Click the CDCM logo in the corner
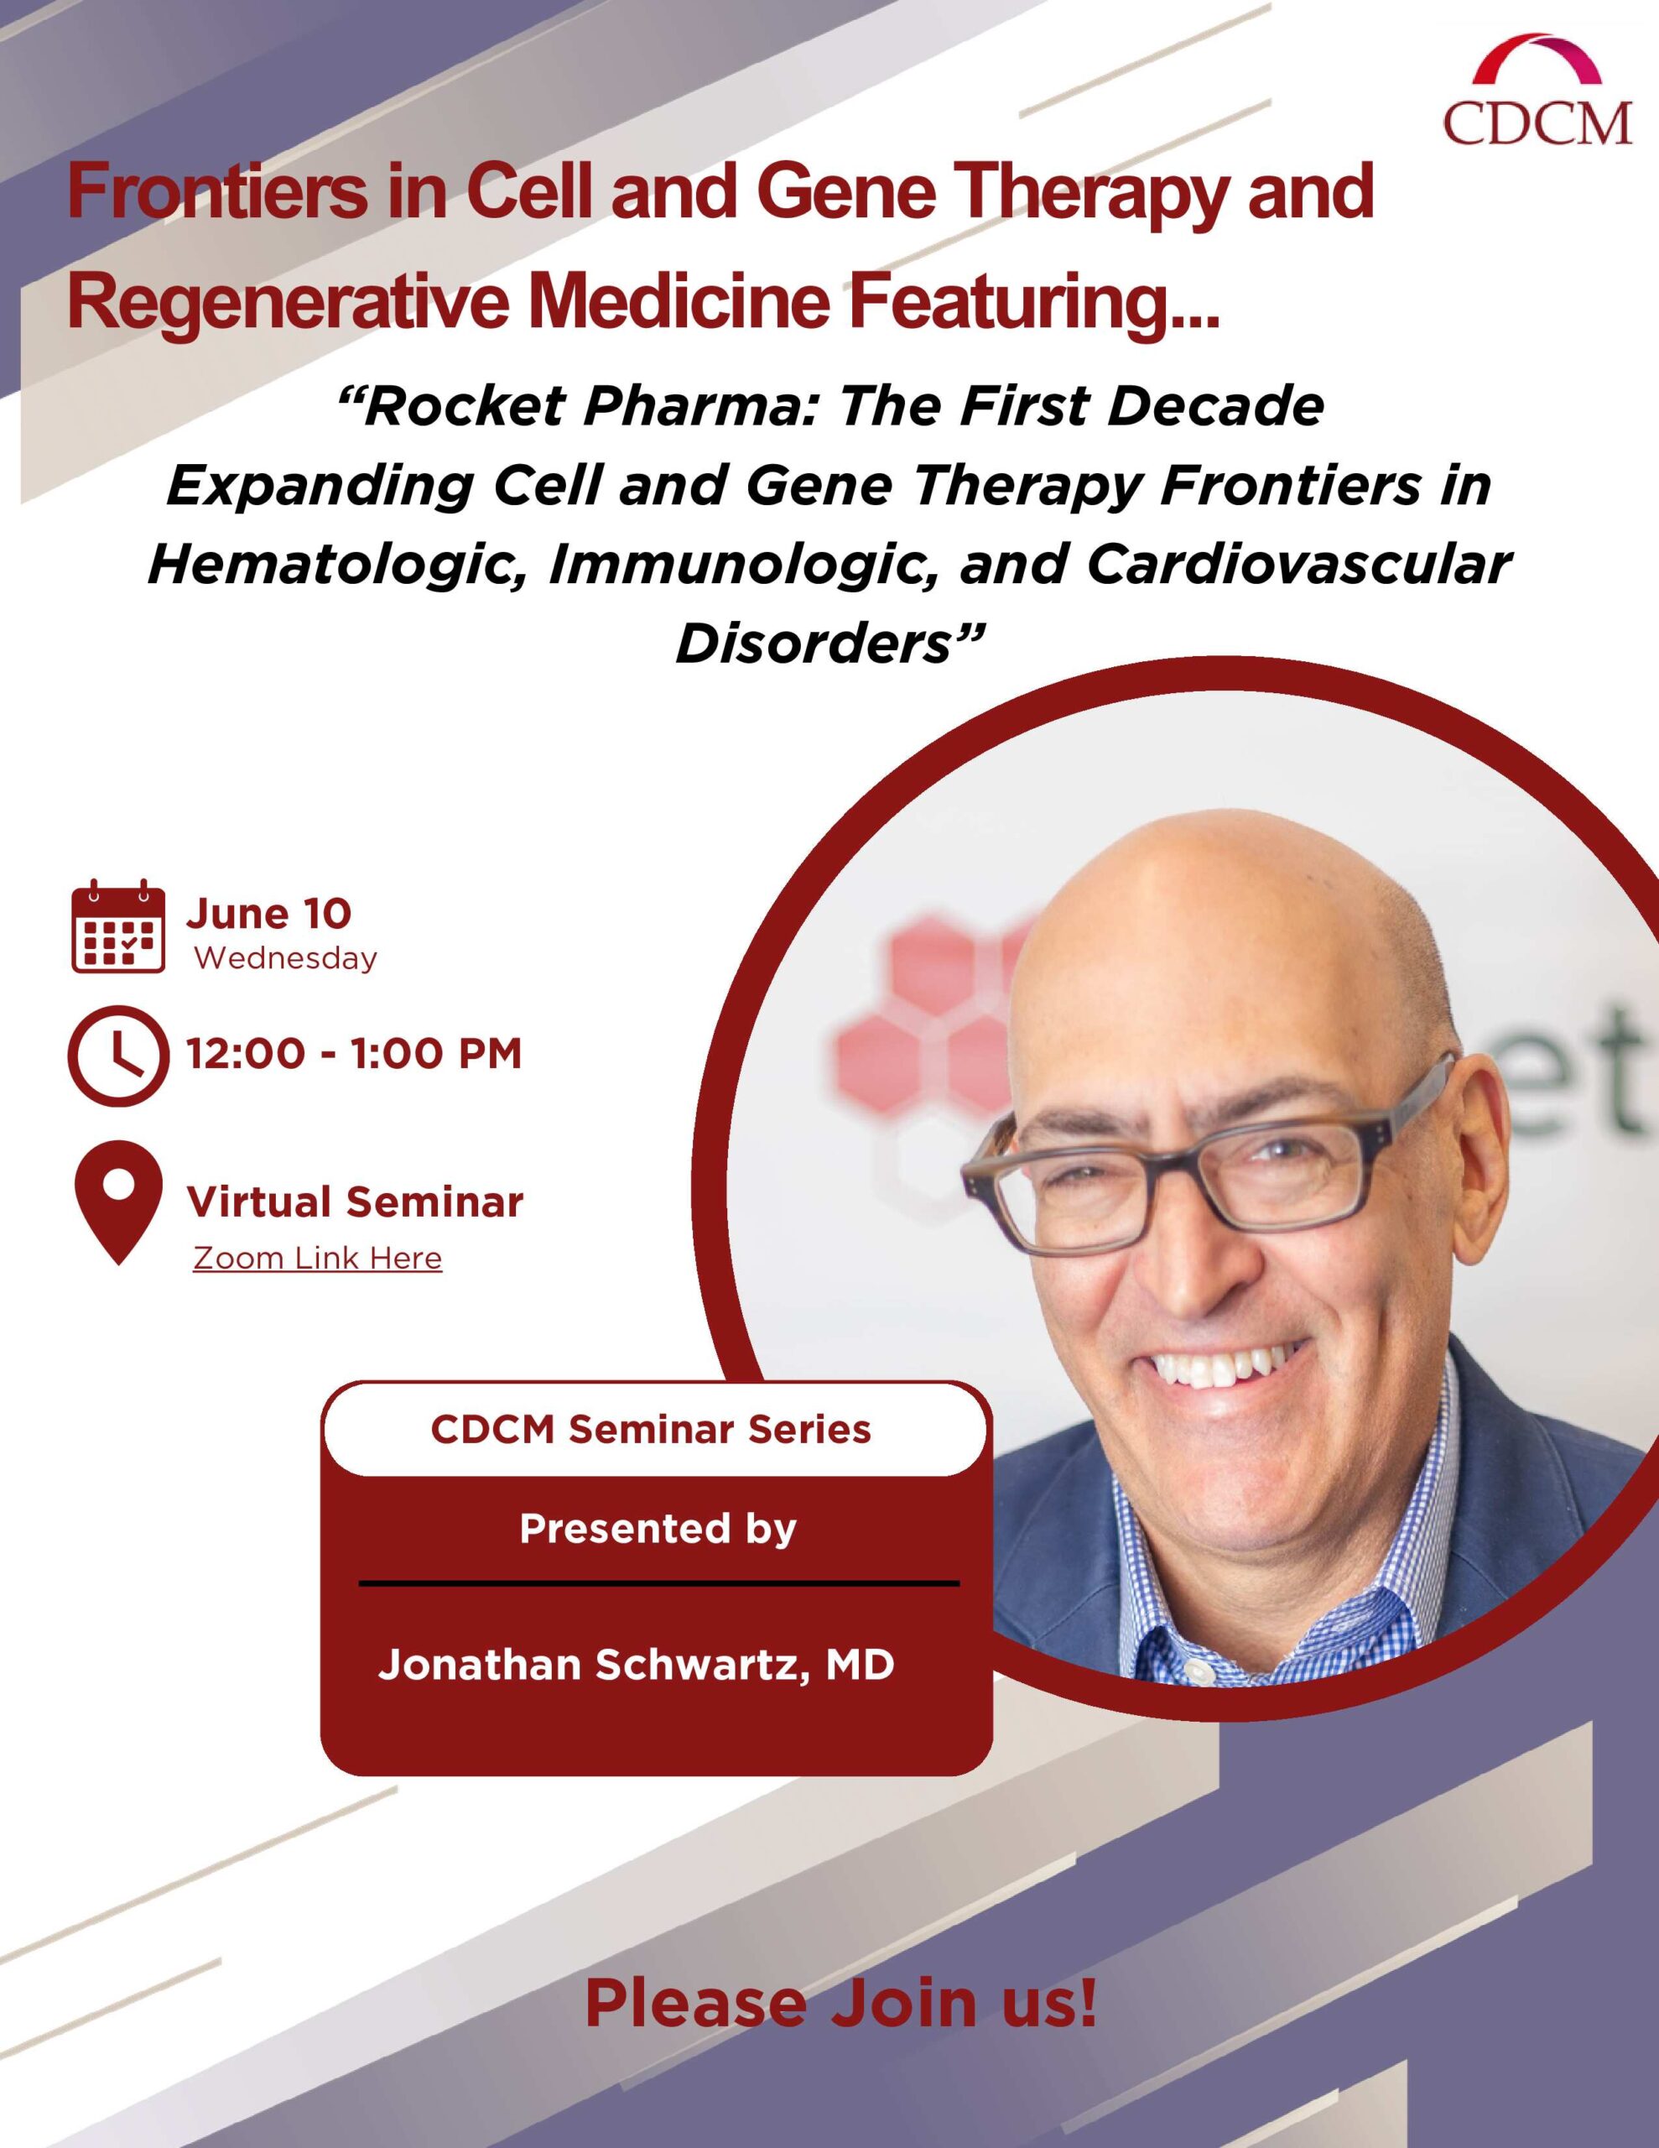(1537, 90)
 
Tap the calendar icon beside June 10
(118, 926)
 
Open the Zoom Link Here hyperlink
(317, 1258)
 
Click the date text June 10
(268, 914)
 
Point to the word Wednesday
(285, 958)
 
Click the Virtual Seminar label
(355, 1202)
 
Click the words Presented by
(658, 1530)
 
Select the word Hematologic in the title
(335, 566)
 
